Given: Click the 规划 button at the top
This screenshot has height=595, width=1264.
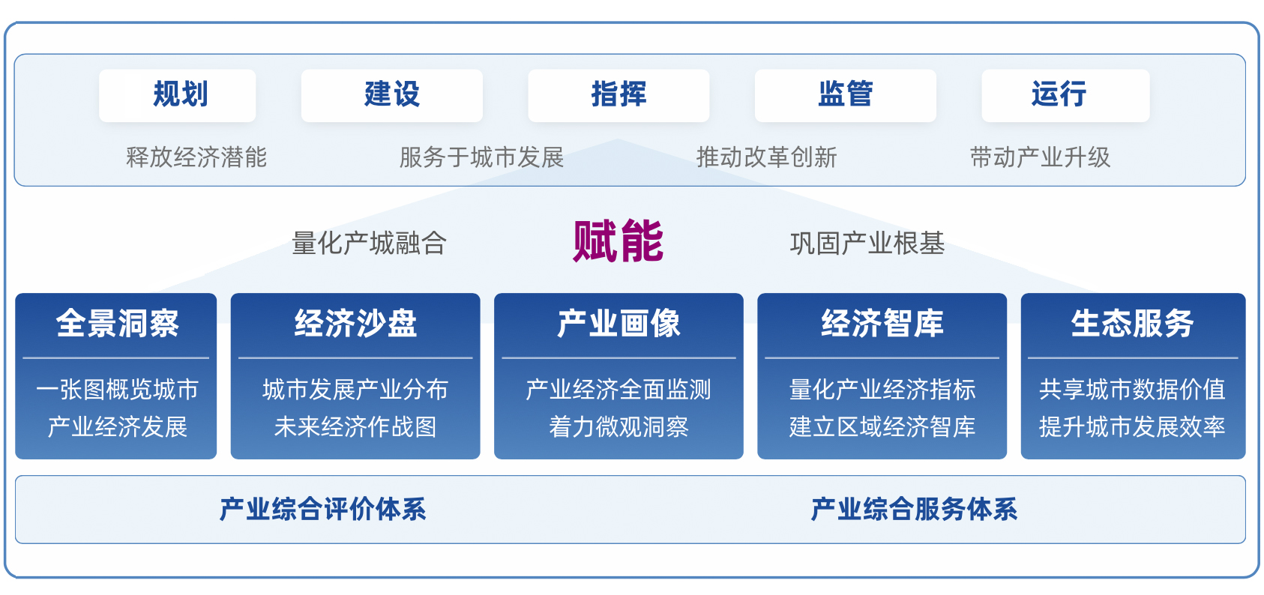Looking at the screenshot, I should [178, 95].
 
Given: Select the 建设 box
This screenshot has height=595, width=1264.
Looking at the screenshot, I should [391, 95].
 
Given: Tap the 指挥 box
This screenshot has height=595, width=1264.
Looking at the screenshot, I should [619, 95].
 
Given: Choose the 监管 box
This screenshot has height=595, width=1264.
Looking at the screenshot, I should [845, 95].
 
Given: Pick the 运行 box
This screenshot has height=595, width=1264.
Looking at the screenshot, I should [1065, 95].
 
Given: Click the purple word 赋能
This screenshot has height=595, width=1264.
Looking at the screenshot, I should [618, 241].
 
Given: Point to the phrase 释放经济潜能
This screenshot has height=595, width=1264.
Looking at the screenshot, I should [196, 157].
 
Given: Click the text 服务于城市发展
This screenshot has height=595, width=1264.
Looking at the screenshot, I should [481, 157].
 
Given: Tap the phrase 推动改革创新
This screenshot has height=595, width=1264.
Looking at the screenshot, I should [766, 157].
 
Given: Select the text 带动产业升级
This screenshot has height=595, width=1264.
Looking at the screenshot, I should [1040, 157].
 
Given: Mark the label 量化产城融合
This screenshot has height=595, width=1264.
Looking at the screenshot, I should [369, 244].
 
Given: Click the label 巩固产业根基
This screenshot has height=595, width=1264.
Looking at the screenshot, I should [867, 244].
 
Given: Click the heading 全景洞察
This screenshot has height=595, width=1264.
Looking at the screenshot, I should [117, 324].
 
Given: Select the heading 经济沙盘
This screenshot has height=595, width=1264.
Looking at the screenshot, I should [355, 324].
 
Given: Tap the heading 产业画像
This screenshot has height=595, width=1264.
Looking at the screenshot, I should [619, 324].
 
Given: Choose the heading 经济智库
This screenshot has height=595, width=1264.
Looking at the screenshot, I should [882, 324].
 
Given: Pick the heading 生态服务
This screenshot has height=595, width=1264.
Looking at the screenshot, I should [1132, 324].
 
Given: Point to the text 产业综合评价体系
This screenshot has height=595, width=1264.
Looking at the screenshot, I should [322, 510].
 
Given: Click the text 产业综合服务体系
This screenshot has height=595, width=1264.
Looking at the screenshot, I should [914, 510].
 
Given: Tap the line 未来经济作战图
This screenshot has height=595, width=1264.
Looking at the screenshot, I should [355, 427].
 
